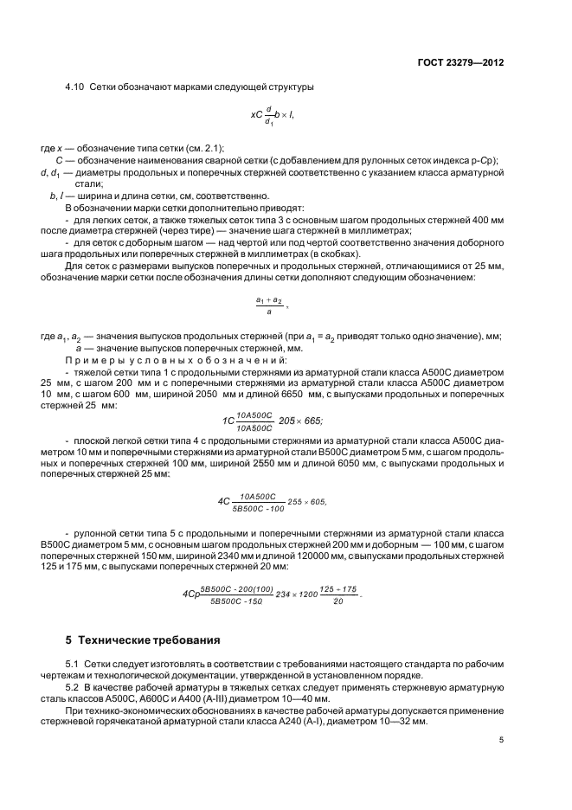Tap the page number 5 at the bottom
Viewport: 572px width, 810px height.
tap(501, 740)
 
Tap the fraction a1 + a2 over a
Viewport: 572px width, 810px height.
tap(269, 305)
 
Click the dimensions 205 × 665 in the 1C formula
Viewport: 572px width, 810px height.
tap(299, 421)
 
